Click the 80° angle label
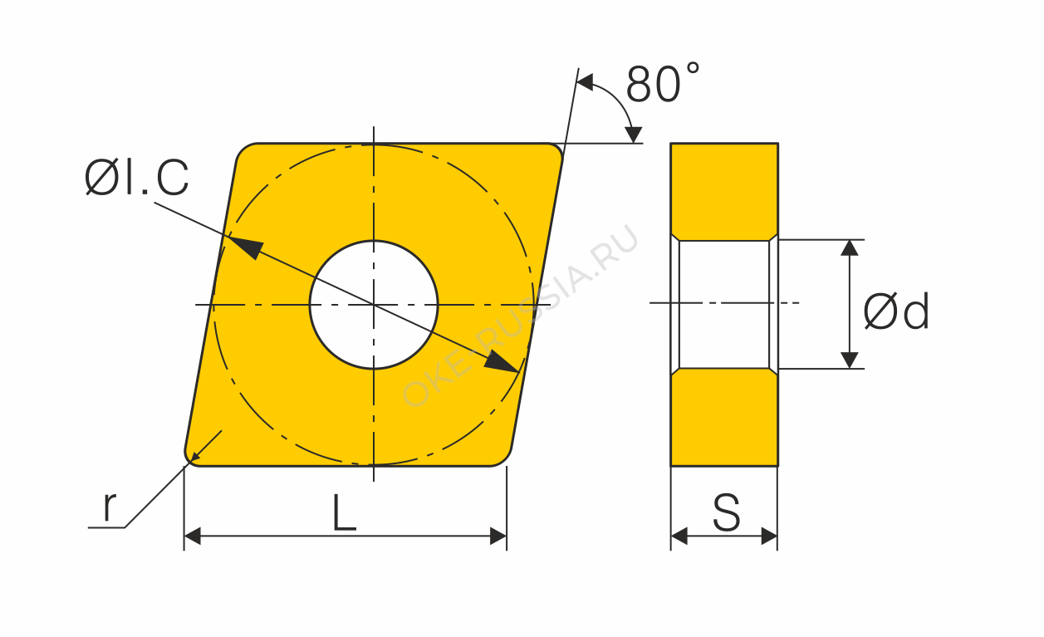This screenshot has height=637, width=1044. pos(662,83)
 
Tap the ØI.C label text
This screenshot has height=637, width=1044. pos(136,177)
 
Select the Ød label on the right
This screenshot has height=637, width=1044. pos(896,311)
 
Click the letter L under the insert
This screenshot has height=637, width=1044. pos(345,512)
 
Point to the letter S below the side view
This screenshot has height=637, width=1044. pos(726,512)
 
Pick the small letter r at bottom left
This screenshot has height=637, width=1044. pos(109,507)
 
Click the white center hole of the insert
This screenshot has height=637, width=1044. pos(373,305)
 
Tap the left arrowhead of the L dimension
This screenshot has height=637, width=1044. pos(193,537)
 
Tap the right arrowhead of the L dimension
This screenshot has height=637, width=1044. pos(497,537)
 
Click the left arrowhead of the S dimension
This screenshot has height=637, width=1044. pos(679,537)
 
